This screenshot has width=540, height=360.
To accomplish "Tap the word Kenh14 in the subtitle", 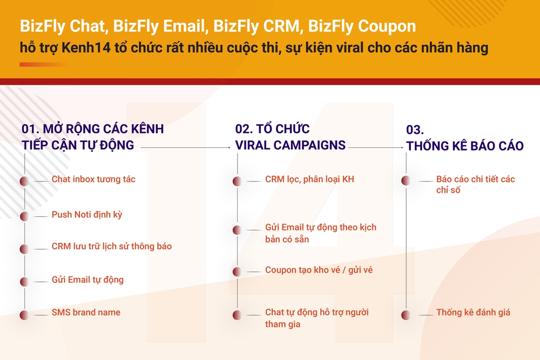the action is [x=86, y=48].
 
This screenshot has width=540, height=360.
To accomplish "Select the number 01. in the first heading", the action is [x=30, y=129].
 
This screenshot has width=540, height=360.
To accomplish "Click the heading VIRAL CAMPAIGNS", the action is [x=291, y=145].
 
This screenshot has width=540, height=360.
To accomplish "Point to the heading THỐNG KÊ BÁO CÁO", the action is [x=465, y=146].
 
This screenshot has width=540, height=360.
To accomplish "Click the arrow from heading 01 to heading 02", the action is [x=186, y=148].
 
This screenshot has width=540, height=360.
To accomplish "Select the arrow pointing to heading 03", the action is [x=376, y=148].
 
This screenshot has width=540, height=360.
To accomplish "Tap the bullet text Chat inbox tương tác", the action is [x=93, y=179].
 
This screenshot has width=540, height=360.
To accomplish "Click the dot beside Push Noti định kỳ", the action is [x=24, y=216].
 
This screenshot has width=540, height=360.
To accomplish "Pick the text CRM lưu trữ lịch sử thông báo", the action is [x=112, y=247].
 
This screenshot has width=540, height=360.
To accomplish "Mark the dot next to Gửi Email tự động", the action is [x=24, y=282].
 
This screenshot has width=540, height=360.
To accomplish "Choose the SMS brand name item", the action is [x=86, y=313].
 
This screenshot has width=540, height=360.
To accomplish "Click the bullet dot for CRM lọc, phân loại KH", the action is [x=237, y=181].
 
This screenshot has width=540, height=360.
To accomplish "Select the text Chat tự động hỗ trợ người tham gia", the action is [x=317, y=318].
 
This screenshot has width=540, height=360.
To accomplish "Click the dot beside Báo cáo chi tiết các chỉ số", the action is [x=406, y=180].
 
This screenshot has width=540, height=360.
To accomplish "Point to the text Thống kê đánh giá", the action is [x=473, y=313].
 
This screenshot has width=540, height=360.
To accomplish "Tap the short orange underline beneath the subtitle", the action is [x=43, y=64].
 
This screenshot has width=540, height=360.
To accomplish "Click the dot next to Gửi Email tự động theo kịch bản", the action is [x=237, y=230].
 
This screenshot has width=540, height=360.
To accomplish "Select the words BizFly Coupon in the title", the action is [x=362, y=26].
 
